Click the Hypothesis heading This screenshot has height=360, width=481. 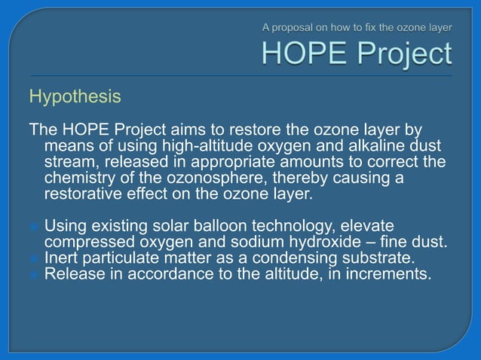(74, 97)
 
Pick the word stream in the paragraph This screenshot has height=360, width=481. (72, 162)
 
